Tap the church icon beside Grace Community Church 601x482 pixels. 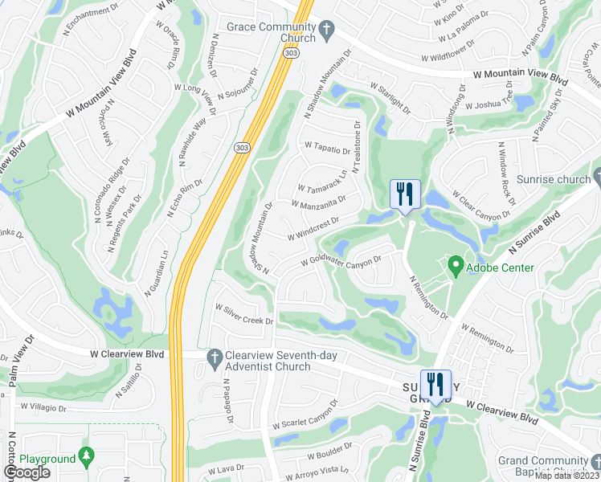(x=326, y=31)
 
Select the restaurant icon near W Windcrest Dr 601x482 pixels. (x=404, y=194)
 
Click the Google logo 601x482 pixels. (x=26, y=472)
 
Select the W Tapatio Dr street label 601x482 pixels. (x=327, y=149)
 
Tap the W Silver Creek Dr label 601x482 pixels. (x=244, y=314)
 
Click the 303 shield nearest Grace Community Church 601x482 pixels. (x=291, y=51)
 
